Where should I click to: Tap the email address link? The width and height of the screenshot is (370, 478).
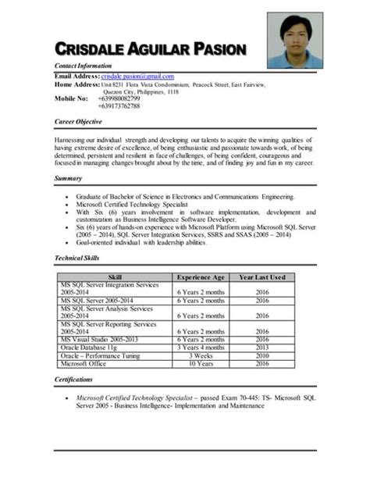click(138, 76)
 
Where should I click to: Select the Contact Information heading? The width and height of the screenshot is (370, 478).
click(83, 66)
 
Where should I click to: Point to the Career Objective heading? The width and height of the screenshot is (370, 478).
click(80, 123)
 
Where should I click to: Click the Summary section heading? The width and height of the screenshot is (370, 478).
click(68, 179)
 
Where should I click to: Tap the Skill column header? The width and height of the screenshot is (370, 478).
click(115, 276)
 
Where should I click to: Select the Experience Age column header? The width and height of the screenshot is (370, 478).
click(201, 276)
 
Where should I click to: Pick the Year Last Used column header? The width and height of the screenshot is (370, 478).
click(261, 276)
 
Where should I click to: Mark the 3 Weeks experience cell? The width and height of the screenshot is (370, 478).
click(201, 355)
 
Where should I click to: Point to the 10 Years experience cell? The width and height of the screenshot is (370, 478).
click(201, 363)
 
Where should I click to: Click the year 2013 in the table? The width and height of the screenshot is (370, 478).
click(261, 348)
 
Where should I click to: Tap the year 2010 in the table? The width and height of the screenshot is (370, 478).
click(261, 355)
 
